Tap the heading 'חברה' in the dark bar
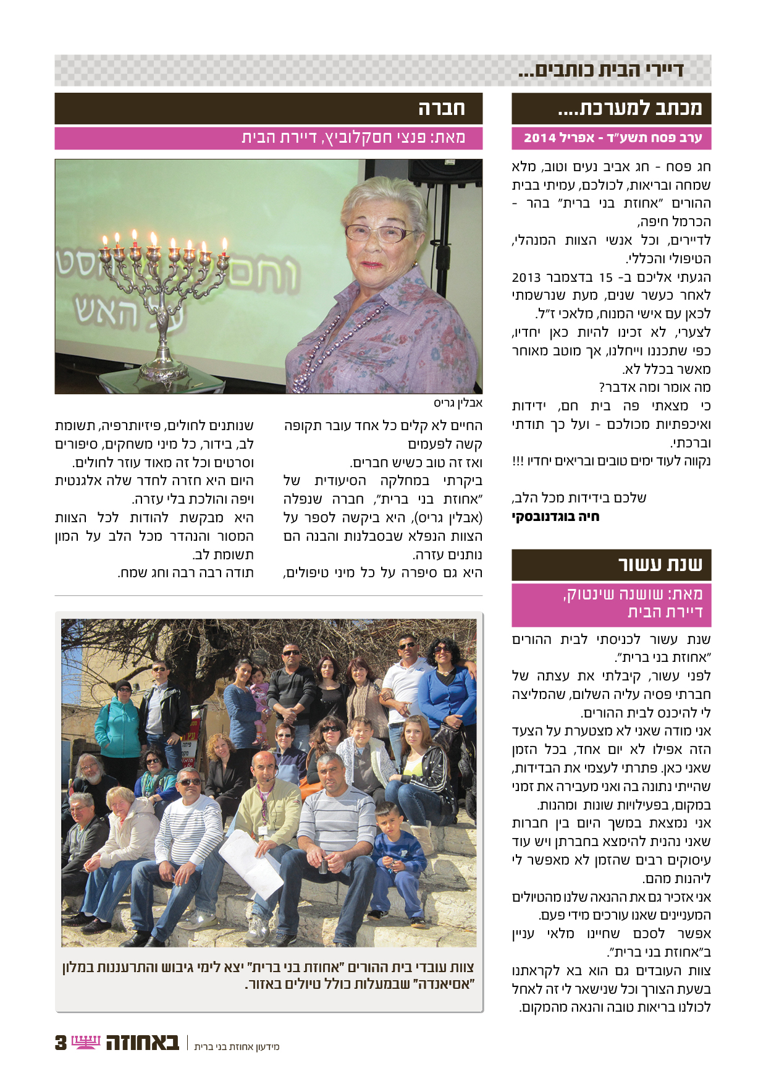(441, 109)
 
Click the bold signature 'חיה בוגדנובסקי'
(555, 517)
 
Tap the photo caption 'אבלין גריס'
(458, 404)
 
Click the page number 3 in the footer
(61, 1043)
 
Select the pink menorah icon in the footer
(86, 1042)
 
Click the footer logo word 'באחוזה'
(142, 1042)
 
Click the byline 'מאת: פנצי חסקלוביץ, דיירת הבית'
(353, 138)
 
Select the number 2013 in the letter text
(526, 277)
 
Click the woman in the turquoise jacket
(117, 723)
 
